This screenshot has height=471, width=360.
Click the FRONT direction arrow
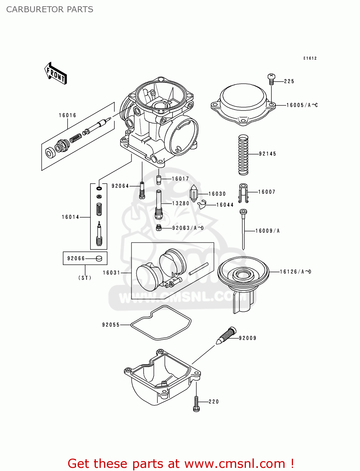click(55, 73)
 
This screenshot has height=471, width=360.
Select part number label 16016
click(68, 116)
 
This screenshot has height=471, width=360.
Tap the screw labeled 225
click(271, 79)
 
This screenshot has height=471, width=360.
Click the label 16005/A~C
click(302, 105)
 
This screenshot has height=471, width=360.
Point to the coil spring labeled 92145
click(243, 155)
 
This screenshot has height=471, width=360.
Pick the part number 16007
click(266, 192)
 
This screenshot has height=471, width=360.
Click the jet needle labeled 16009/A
click(243, 230)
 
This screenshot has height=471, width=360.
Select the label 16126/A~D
click(295, 272)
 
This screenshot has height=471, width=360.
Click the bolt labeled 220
click(196, 404)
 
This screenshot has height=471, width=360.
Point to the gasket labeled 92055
click(161, 323)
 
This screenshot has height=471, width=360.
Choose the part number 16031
click(111, 273)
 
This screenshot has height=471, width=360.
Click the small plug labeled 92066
click(99, 258)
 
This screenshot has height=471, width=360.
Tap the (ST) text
click(85, 278)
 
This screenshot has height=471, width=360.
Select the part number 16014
click(70, 217)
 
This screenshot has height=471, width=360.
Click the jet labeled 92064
click(142, 190)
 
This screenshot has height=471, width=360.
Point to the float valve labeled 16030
click(194, 193)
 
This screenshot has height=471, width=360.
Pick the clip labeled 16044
click(202, 204)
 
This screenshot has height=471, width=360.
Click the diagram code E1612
click(310, 58)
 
